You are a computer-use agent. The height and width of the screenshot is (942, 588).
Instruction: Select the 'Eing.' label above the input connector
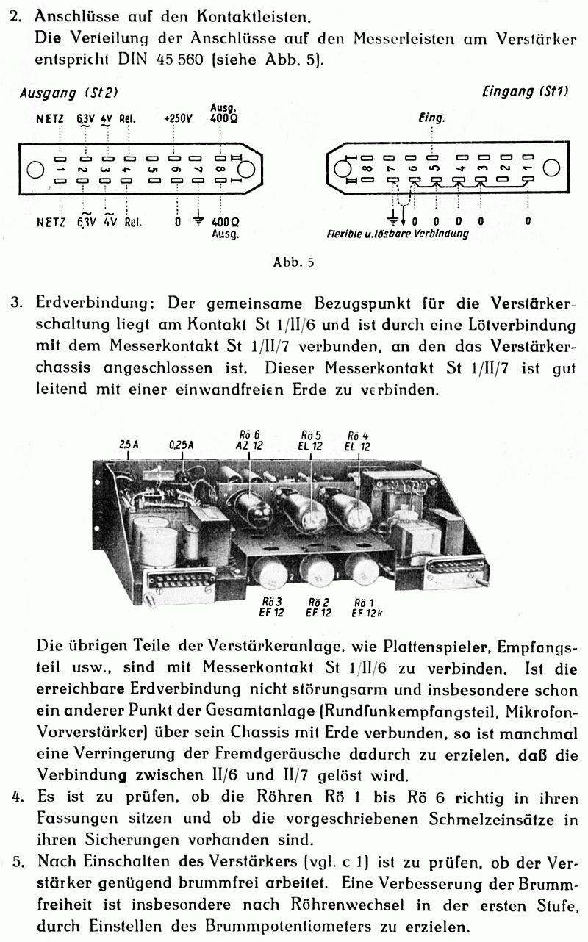[431, 118]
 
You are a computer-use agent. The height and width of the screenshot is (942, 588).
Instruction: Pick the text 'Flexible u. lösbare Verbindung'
[398, 234]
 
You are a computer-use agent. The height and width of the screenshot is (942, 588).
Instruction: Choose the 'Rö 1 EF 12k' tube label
[365, 607]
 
